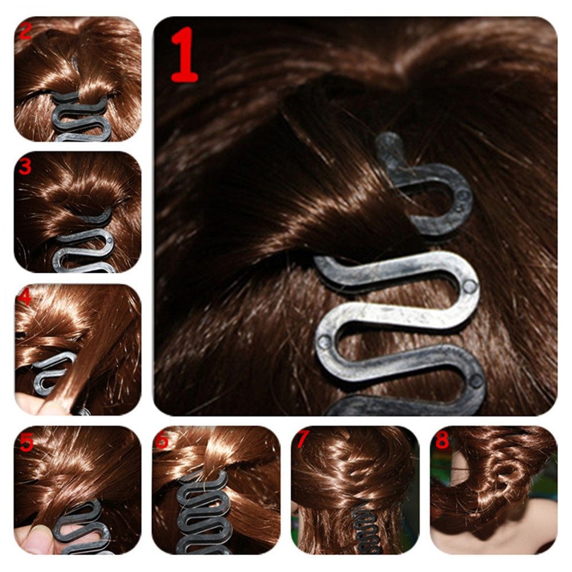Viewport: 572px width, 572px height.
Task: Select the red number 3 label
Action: tap(25, 166)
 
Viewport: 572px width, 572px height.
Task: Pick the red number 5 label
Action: tap(25, 443)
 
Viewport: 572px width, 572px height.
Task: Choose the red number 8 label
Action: tap(442, 440)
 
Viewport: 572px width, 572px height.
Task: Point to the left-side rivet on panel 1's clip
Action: tap(324, 341)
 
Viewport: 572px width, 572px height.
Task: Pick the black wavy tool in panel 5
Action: tap(86, 526)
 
